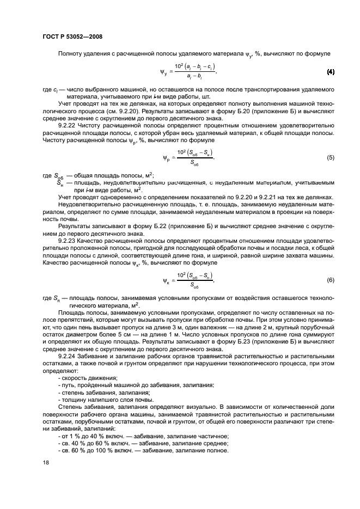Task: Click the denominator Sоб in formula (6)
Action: pyautogui.click(x=193, y=286)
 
